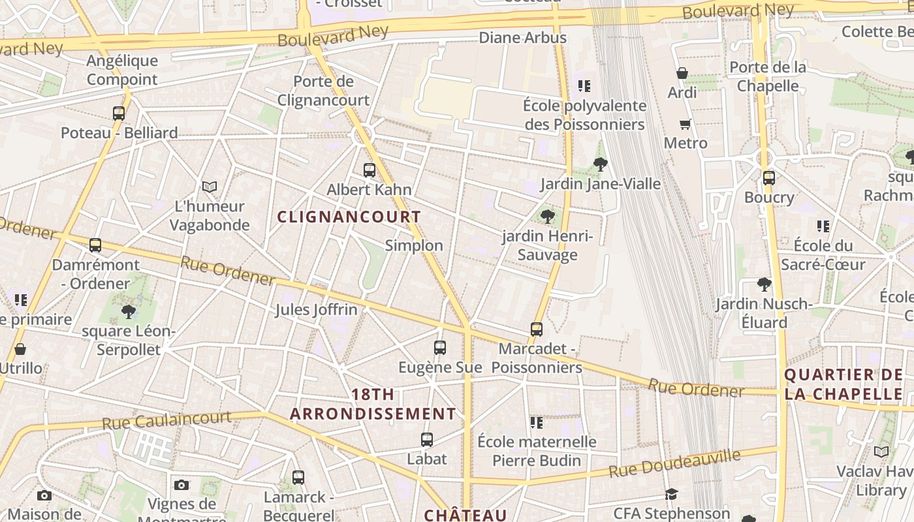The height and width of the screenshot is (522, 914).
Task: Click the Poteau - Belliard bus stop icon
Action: (118, 113)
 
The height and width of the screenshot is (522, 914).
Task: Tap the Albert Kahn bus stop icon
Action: (370, 170)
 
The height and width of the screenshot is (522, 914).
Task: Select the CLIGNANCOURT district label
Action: (349, 217)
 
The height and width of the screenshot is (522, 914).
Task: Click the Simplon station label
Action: (414, 245)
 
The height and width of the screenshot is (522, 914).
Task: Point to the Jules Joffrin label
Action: (316, 309)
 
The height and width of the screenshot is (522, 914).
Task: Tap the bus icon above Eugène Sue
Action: (440, 348)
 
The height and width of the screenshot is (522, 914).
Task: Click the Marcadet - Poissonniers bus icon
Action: (537, 330)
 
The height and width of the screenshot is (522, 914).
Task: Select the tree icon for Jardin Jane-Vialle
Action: (601, 164)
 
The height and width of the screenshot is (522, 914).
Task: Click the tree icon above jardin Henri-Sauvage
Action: (547, 216)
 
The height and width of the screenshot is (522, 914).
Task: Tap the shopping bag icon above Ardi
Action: (682, 73)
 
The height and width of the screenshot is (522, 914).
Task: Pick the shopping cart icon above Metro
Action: (685, 124)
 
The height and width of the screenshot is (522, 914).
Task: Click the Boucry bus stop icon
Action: (769, 177)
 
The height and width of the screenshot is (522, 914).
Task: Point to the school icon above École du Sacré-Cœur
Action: (823, 226)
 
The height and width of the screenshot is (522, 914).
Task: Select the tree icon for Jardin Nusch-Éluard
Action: (764, 284)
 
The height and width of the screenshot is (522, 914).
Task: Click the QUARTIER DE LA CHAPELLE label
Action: (843, 384)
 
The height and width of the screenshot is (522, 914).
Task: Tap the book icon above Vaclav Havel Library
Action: (881, 452)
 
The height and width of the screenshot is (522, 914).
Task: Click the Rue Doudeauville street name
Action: (675, 463)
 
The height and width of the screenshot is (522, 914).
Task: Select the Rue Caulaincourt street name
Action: (166, 420)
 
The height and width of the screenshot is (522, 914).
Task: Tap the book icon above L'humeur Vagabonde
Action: (209, 187)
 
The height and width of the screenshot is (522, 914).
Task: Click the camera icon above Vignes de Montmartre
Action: (181, 485)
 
